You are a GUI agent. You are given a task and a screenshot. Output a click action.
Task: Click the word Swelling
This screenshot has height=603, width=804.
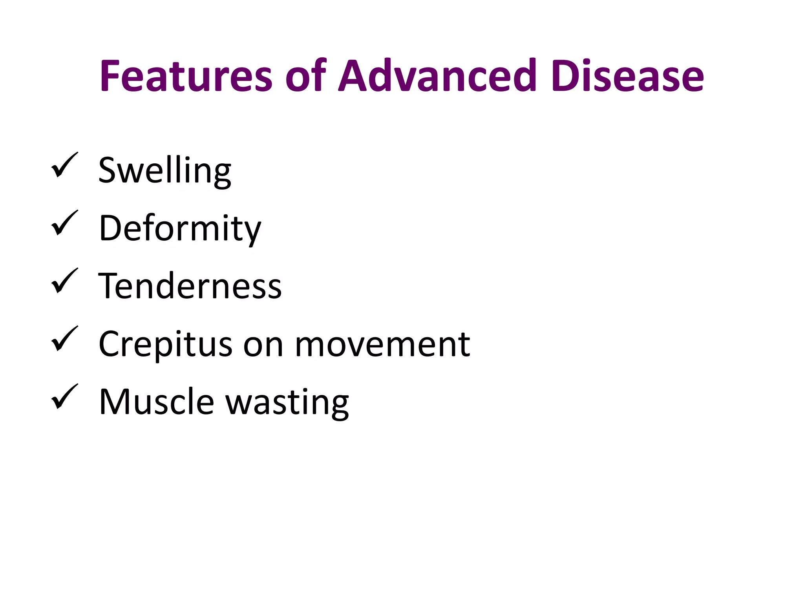pyautogui.click(x=164, y=170)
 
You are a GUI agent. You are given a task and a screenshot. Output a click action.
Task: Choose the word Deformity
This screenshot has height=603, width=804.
pyautogui.click(x=180, y=228)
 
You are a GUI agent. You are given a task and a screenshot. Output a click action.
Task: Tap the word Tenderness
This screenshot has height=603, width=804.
pyautogui.click(x=190, y=286)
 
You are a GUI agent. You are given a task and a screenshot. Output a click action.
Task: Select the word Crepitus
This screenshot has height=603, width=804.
pyautogui.click(x=165, y=344)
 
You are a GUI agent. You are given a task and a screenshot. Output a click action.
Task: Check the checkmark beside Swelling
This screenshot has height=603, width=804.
pyautogui.click(x=64, y=165)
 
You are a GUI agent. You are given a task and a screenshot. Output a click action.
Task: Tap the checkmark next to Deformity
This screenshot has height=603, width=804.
pyautogui.click(x=64, y=223)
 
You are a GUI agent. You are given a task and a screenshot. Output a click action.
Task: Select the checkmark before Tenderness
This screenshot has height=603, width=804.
pyautogui.click(x=64, y=281)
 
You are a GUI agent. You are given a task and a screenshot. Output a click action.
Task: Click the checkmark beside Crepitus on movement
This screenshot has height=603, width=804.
pyautogui.click(x=64, y=338)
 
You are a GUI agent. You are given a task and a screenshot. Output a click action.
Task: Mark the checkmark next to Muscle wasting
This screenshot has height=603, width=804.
pyautogui.click(x=64, y=397)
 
